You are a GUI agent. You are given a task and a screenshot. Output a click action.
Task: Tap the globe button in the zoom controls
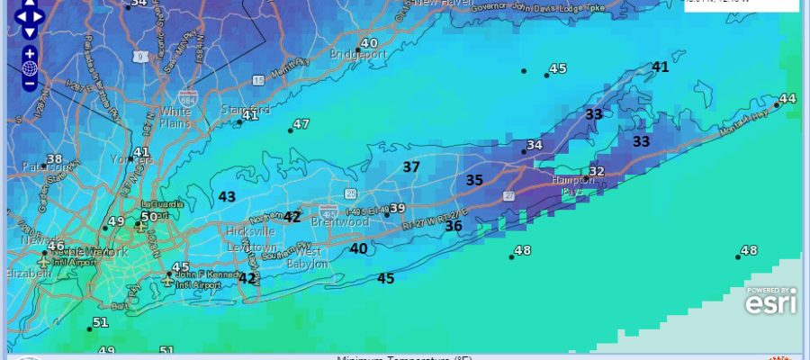click(x=30, y=68)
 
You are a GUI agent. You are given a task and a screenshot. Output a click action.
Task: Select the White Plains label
click(x=175, y=117)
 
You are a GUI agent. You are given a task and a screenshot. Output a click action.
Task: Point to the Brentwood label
click(x=340, y=221)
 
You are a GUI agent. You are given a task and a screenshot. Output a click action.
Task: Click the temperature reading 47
click(x=301, y=124)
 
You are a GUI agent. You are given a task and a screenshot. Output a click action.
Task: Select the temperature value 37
click(x=411, y=166)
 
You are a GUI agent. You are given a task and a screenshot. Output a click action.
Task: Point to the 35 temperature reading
click(x=474, y=180)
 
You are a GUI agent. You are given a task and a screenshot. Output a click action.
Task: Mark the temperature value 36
click(x=454, y=226)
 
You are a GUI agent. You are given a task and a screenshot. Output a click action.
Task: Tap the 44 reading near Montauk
click(x=787, y=98)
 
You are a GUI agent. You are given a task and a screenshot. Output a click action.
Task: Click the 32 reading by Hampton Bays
click(x=597, y=171)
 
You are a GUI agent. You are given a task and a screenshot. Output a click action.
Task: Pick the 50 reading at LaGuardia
click(x=149, y=216)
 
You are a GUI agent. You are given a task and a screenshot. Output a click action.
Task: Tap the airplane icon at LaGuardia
click(x=140, y=226)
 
